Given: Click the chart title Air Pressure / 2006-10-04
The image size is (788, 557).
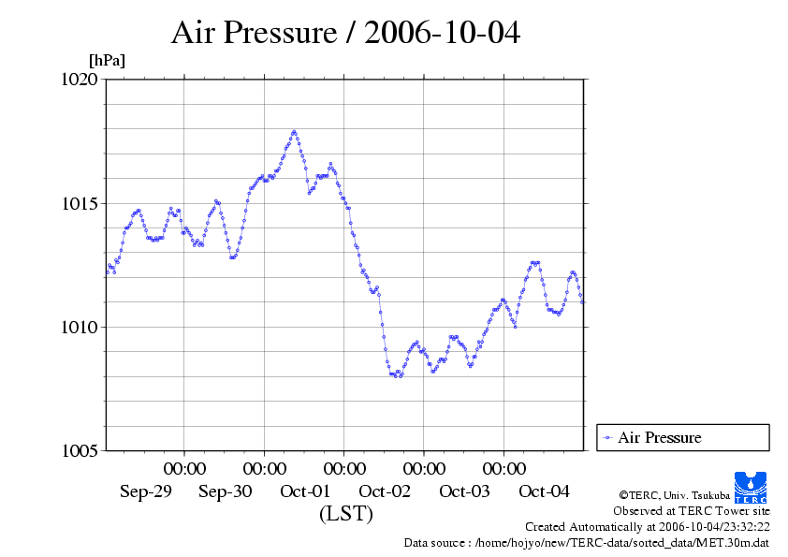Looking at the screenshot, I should coord(345,33).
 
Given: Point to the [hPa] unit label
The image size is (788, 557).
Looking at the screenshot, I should coord(107,61).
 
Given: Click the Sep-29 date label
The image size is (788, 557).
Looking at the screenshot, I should coord(146,491).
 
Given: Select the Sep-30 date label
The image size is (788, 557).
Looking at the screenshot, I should coord(226,491).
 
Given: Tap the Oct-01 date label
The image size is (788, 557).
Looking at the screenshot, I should coord(305,491).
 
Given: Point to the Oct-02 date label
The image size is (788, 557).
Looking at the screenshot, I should coord(385,491).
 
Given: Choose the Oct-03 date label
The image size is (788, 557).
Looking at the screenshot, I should coord(464,491).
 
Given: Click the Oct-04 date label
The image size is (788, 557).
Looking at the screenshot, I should coord(544,491).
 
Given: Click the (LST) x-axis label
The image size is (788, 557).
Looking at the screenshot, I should coord(345,514).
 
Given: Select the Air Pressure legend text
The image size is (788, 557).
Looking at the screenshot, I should coord(659,437).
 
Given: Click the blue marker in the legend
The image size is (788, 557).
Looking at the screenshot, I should coord(608,437).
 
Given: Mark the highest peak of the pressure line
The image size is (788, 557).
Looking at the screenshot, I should coord(294,131).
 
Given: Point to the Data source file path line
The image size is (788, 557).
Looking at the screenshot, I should coord(587,542).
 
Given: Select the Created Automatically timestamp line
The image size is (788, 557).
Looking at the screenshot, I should coord(648,527).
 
